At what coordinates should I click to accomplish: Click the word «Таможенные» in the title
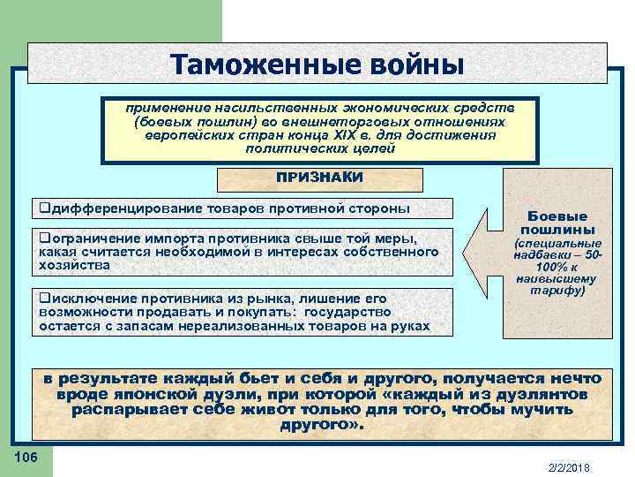(x=253, y=64)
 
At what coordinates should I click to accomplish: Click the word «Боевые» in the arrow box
(x=557, y=215)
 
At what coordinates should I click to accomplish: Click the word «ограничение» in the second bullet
(x=88, y=238)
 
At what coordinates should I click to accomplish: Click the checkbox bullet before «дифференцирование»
(x=43, y=208)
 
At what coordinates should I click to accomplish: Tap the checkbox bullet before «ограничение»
(x=43, y=238)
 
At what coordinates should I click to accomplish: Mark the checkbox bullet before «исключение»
(x=43, y=299)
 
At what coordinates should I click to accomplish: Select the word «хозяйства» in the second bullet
(x=74, y=264)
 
